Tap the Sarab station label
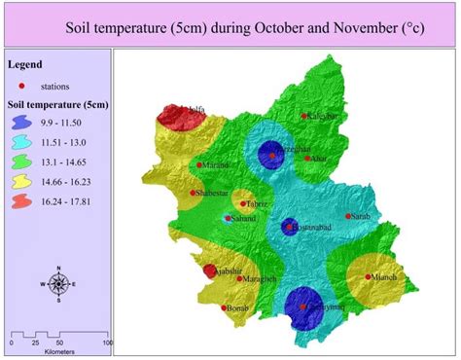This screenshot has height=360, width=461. tap(361, 216)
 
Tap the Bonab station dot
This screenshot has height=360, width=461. tap(226, 308)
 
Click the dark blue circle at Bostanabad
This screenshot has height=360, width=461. tap(289, 227)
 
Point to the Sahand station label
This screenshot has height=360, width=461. tap(242, 219)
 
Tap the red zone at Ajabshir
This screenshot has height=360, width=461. tap(209, 271)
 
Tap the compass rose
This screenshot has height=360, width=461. tap(57, 284)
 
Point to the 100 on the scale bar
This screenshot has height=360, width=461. tap(107, 342)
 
